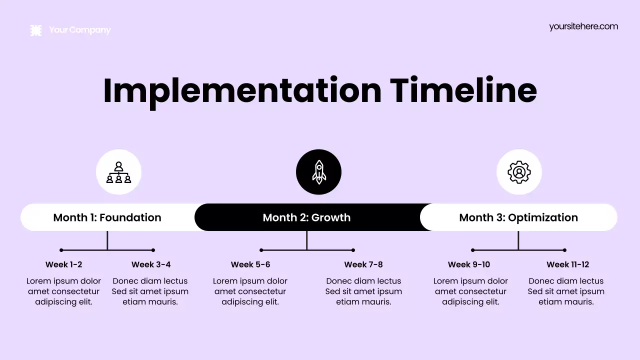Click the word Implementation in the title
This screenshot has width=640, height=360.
pos(242,90)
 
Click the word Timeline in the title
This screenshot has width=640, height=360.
pos(463,90)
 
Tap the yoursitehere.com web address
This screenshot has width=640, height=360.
pos(583,26)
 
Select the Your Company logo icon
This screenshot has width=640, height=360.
pos(36,30)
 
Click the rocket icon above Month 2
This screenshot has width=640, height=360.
pos(318,172)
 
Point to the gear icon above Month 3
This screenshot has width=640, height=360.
pos(519,172)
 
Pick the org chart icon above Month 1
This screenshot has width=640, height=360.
pos(118,172)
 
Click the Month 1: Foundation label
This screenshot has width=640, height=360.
pos(107,217)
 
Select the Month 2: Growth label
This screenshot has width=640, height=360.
pos(306,217)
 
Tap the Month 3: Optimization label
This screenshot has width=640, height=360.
pos(518,217)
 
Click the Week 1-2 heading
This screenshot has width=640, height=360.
pos(63,264)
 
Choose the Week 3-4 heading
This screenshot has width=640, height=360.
pos(151,264)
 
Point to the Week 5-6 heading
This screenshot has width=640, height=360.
pos(250,264)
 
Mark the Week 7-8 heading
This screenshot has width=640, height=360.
pos(363,264)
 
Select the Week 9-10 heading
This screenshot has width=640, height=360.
pos(469,264)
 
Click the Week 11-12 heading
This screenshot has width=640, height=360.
pos(567,264)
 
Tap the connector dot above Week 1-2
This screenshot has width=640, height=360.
pos(61,250)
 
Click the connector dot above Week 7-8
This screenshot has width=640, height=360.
pos(353,250)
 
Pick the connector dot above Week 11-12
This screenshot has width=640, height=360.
pos(564,250)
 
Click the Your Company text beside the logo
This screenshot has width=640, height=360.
pos(80,30)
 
